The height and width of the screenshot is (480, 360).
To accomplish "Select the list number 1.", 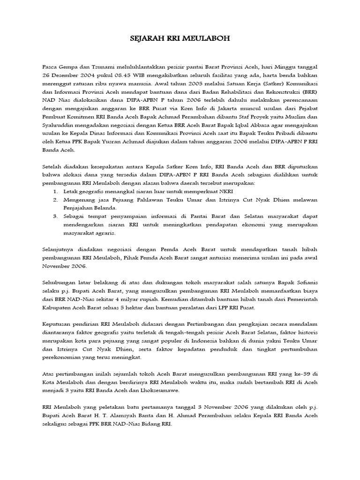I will (55, 192).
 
